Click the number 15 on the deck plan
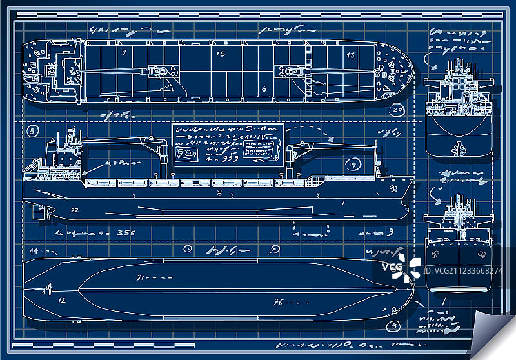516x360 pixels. coord(221,54)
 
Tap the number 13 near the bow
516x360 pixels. coord(350,55)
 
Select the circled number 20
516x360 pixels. coord(397,110)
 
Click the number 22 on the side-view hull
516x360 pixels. coord(75,210)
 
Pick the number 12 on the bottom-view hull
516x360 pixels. coord(63,300)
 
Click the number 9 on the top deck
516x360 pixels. coord(123,51)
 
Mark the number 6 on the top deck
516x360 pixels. coord(264,89)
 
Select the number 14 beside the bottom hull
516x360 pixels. coord(34,250)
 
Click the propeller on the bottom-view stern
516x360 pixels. coord(46,288)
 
